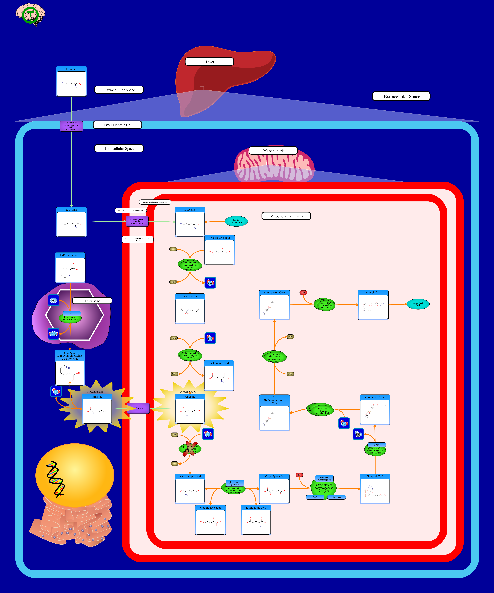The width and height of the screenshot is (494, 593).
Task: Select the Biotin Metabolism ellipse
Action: (x=236, y=221)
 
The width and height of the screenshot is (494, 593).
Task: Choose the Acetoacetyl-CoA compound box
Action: (x=274, y=305)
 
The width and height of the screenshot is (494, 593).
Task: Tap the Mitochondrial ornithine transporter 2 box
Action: (x=137, y=221)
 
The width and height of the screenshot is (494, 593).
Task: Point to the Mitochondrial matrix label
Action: (x=286, y=216)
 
